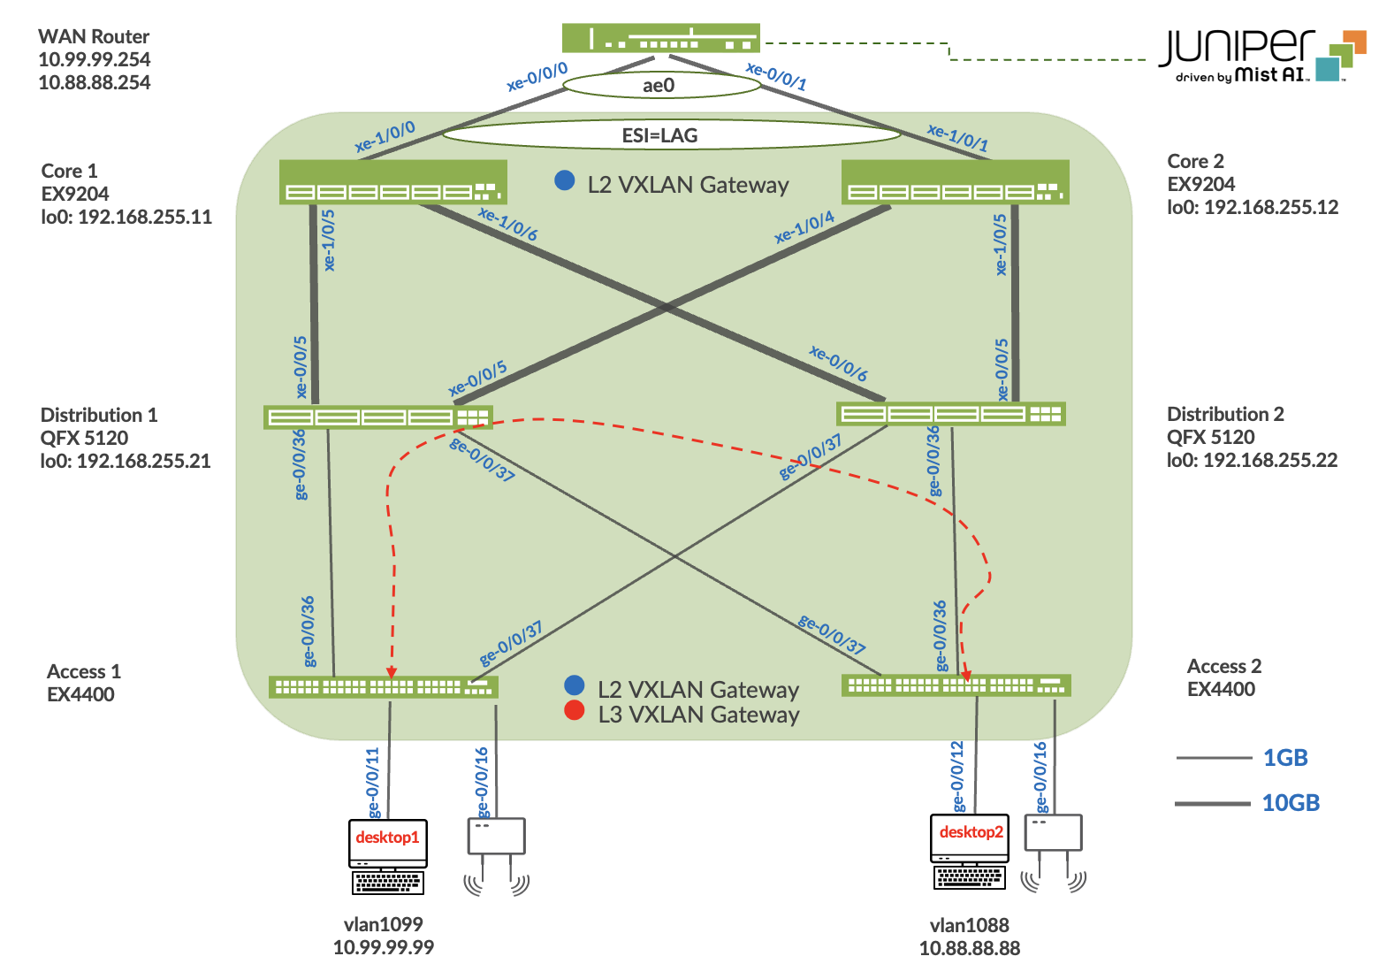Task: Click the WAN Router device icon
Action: tap(660, 38)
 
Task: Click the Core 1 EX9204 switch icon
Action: tap(392, 182)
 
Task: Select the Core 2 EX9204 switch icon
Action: tap(955, 182)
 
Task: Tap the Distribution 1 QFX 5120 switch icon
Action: tap(377, 417)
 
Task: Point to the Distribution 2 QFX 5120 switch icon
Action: tap(950, 413)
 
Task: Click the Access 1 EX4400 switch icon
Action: tap(383, 686)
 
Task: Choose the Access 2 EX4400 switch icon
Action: tap(956, 685)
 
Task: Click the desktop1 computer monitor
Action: tap(387, 843)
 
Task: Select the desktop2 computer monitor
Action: tap(970, 838)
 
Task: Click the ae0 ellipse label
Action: tap(659, 85)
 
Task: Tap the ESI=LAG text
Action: tap(660, 135)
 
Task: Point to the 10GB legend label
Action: tap(1291, 803)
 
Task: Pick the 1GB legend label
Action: tap(1285, 758)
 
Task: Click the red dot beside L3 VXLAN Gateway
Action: tap(575, 710)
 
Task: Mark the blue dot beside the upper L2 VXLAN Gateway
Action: tap(564, 180)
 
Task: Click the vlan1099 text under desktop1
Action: tap(383, 924)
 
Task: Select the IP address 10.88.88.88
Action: tap(969, 948)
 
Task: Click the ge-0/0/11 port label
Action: tap(373, 782)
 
